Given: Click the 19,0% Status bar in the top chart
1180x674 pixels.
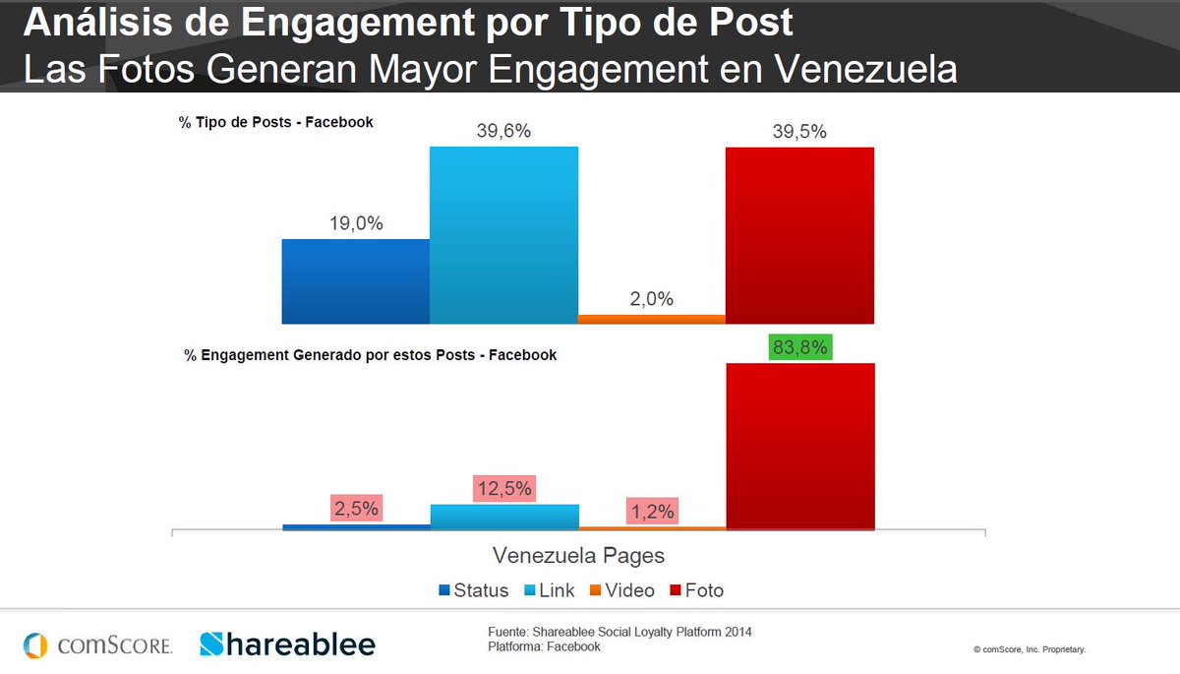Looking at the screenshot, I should coord(355,281).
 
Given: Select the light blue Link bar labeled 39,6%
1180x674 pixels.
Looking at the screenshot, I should coord(503,235).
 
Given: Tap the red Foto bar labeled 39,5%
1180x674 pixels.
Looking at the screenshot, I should coord(799,235).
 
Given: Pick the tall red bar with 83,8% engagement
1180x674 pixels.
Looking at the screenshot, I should coord(799,447).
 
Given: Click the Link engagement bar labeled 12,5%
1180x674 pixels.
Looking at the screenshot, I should coord(503,518).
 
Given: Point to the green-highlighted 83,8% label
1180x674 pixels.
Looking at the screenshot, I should coord(799,347).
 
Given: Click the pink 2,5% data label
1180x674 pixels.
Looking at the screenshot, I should coord(355,510).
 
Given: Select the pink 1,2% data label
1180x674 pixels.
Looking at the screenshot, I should coord(651,512).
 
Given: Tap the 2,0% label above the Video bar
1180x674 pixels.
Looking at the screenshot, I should coord(651,299).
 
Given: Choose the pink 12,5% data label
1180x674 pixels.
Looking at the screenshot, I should coord(503,488).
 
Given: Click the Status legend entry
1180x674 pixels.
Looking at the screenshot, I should coord(474,590).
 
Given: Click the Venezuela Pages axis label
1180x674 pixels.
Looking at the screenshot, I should coord(578,555).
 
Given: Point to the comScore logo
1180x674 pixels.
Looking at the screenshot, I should coord(98,645).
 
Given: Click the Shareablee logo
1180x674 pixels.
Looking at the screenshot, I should coord(287,644).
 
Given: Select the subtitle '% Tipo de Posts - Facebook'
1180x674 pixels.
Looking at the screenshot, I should coord(276,123).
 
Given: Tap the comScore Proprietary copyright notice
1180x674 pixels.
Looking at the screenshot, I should coord(1030,649).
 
